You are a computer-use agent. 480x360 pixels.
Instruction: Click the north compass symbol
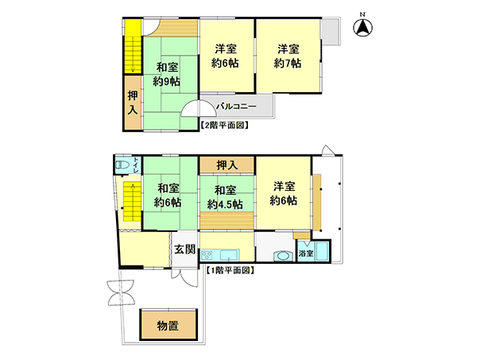[362, 26]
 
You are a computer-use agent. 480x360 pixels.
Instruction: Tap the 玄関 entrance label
[185, 249]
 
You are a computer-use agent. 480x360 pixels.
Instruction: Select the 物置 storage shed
[168, 325]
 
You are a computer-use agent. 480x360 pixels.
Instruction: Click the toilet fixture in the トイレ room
[122, 165]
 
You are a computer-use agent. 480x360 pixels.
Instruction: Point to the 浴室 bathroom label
[306, 254]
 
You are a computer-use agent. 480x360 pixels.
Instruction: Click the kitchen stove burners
[207, 254]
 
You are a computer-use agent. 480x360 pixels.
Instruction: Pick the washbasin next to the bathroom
[283, 256]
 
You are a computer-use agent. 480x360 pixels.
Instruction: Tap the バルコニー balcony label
[236, 106]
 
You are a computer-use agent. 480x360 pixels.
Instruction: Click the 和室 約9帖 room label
[167, 74]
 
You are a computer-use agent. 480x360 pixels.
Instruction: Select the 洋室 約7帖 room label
[288, 56]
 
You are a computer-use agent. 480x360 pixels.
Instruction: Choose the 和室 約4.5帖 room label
[225, 197]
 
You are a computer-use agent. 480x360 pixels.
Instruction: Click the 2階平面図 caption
[224, 126]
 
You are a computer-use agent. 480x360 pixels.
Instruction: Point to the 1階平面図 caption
[230, 270]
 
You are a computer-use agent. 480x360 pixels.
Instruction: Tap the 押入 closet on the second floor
[133, 103]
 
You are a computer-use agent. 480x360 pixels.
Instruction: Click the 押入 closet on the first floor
[226, 165]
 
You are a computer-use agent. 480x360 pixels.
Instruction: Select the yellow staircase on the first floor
[132, 201]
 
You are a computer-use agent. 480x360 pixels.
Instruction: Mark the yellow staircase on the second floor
[133, 47]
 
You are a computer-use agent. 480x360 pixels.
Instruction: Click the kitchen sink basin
[230, 254]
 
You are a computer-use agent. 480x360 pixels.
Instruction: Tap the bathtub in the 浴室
[322, 251]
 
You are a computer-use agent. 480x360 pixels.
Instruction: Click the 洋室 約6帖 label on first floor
[284, 193]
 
